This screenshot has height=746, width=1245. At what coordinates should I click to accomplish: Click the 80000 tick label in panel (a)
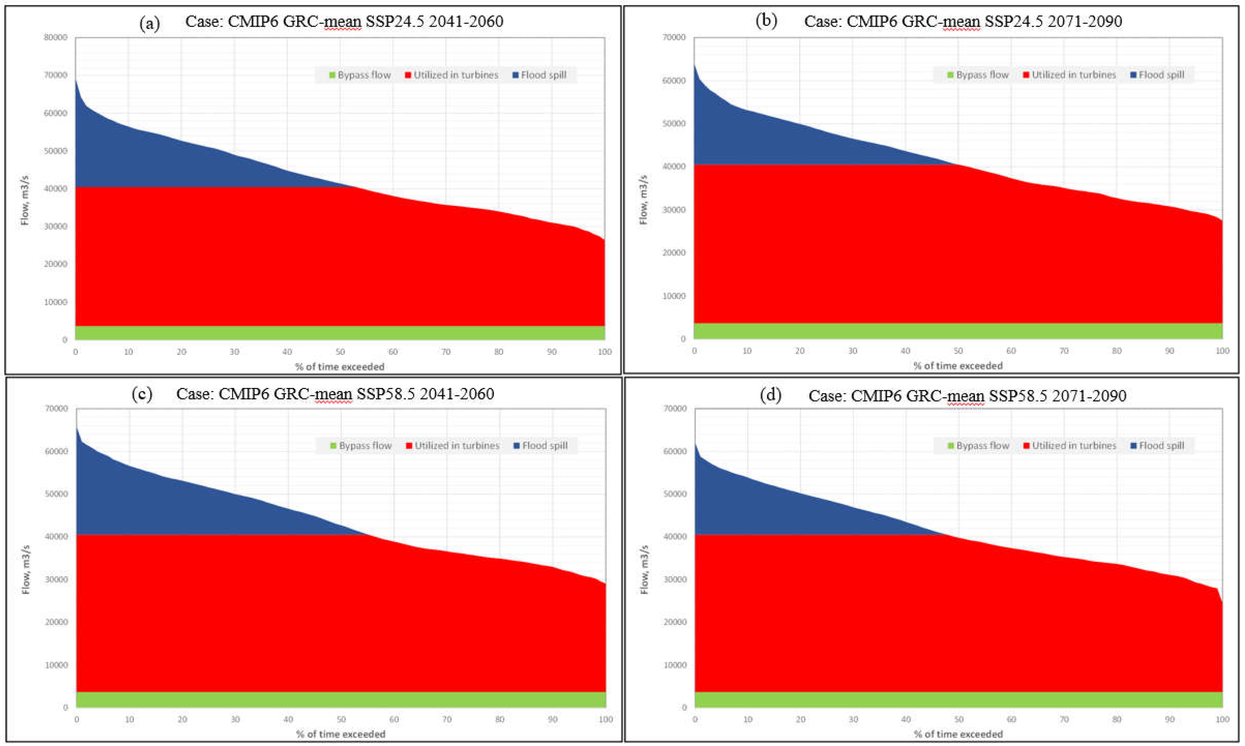(x=56, y=37)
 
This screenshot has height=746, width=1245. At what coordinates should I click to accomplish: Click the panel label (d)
(x=770, y=395)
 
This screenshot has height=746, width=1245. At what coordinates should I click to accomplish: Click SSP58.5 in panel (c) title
(x=386, y=394)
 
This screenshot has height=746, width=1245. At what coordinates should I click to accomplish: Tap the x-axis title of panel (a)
(x=340, y=367)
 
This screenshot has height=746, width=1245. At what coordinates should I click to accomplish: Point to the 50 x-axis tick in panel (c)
(x=341, y=719)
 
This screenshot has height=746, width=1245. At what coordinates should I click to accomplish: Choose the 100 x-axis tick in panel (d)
(x=1222, y=719)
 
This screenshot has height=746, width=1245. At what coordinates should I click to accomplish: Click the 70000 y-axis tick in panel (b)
(x=674, y=37)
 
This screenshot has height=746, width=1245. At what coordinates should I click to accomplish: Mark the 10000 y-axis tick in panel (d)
(x=674, y=664)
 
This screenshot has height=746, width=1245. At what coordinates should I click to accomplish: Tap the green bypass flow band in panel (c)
(x=341, y=700)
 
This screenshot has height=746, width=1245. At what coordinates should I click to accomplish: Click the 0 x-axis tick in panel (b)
(x=694, y=351)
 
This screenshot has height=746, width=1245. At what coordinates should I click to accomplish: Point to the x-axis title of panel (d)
(x=958, y=734)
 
